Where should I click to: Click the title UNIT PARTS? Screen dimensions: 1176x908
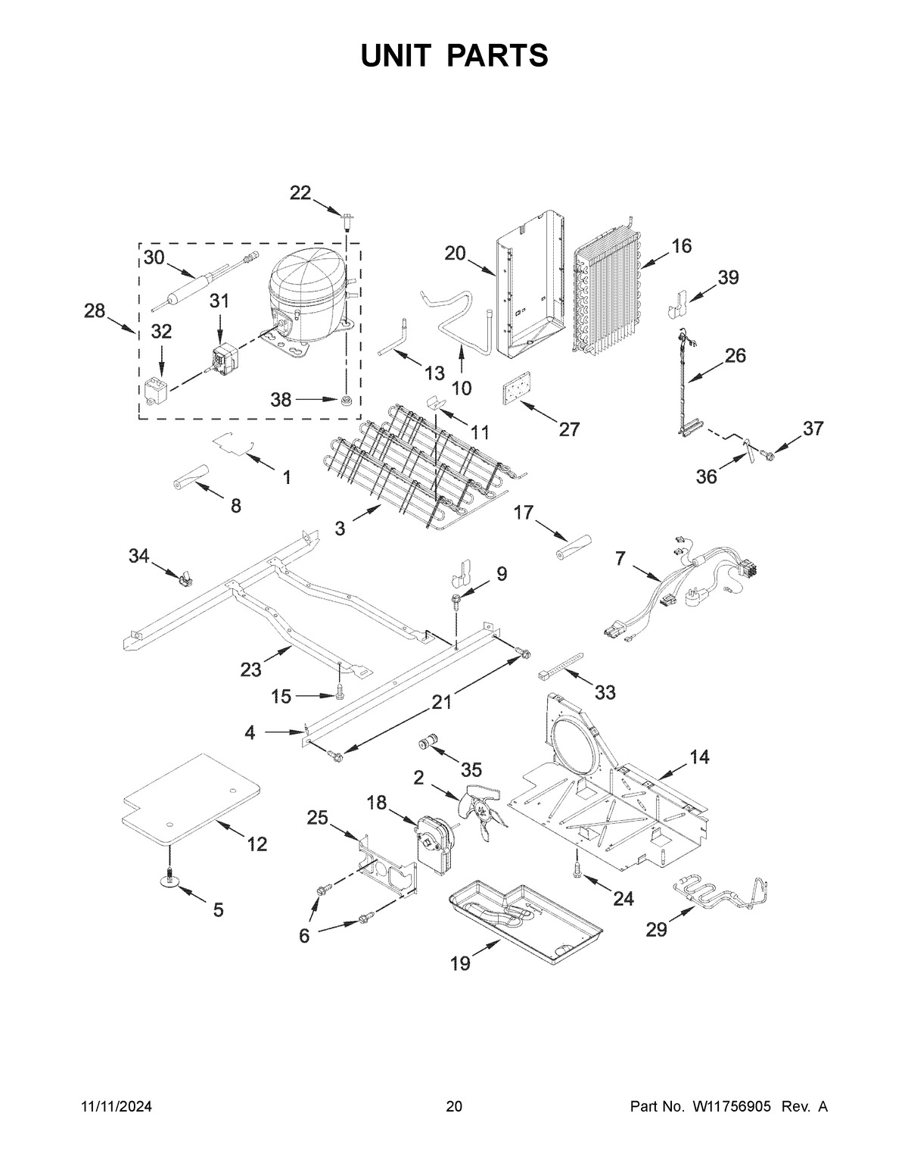tap(454, 55)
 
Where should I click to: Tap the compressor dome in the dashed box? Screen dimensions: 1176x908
tap(306, 282)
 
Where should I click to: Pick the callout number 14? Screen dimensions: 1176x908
tap(699, 756)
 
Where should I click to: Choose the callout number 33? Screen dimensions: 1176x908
tap(605, 692)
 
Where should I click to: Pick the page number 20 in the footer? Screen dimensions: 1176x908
tap(454, 1106)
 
